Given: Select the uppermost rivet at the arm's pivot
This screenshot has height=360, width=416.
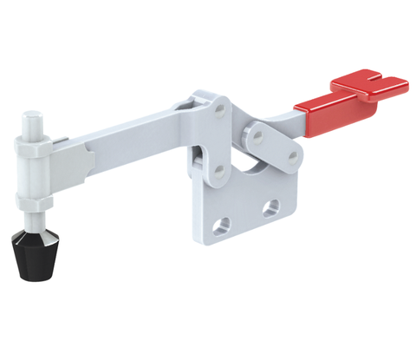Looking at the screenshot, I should point(218,108).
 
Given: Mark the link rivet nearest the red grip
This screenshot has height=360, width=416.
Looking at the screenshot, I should point(293,156).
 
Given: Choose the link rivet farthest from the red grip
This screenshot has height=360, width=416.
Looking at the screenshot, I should point(253,135).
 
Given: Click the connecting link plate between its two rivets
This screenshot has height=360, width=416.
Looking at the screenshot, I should point(272,145).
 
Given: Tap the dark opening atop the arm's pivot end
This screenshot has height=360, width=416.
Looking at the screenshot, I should point(187,106).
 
